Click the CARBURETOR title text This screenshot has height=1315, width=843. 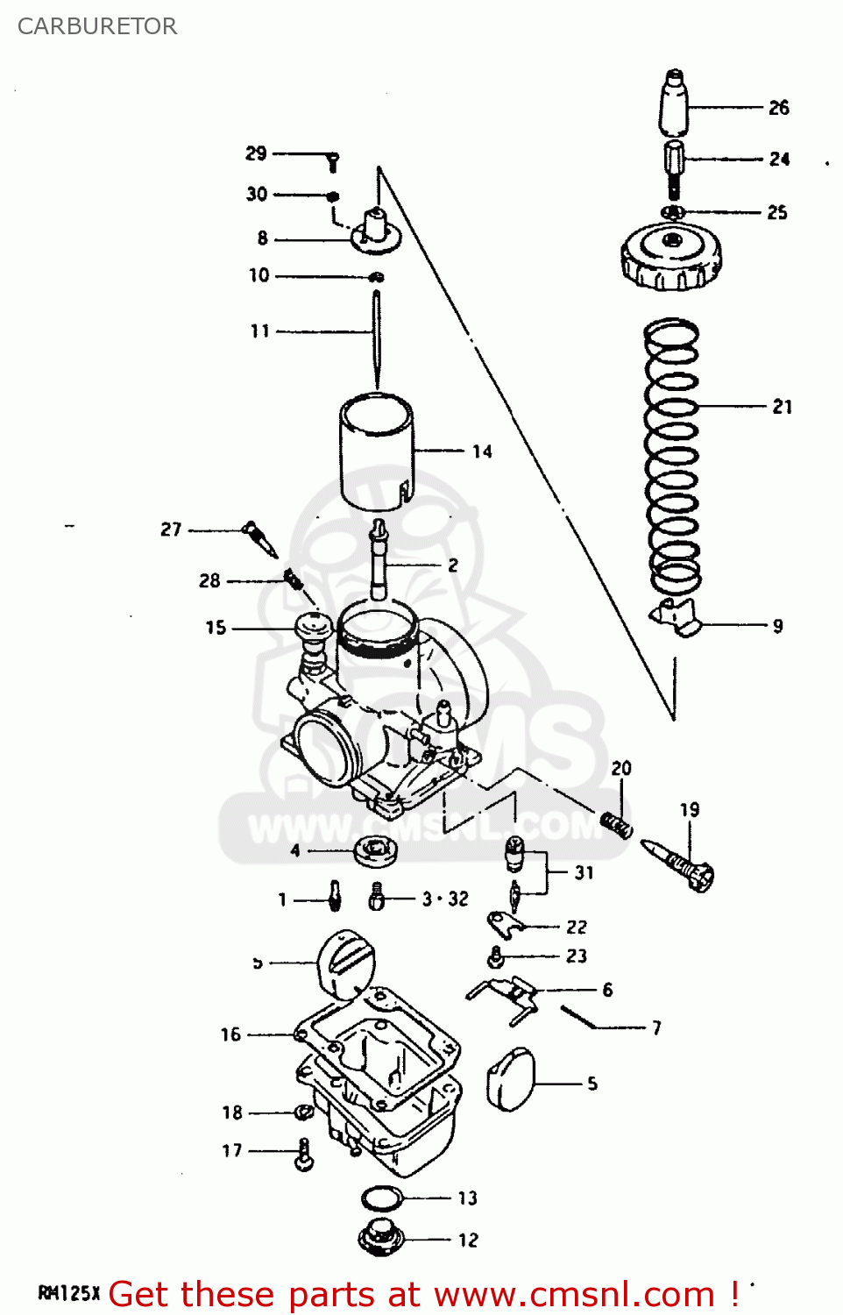pos(97,26)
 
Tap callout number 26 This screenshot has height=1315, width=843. pos(778,108)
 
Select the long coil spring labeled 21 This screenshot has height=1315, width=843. pos(672,456)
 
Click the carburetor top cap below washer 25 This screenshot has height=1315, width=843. pos(671,255)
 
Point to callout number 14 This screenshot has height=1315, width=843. pos(482,451)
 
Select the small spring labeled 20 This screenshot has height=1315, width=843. pos(617,824)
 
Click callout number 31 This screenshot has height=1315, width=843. pos(584,872)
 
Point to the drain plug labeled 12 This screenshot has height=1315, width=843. pos(380,1237)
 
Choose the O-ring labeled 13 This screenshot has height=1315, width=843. pos(381,1197)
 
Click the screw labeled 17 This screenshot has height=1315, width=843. pos(304,1154)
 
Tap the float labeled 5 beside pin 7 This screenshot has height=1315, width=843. pos(510,1079)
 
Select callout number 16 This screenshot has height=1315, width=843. pos(230,1034)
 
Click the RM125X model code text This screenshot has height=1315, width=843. pos(69,1293)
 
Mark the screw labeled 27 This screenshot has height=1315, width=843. pos(260,537)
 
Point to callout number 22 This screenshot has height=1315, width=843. pos(577,927)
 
